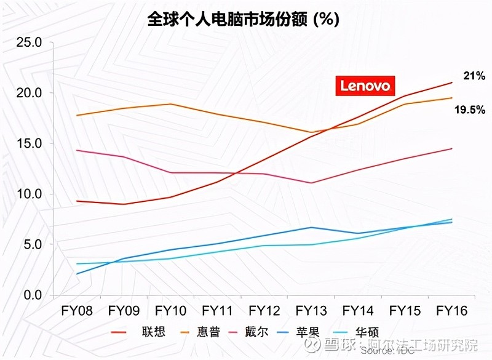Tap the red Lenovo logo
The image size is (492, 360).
[x=365, y=86]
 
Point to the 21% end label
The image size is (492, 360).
[x=474, y=76]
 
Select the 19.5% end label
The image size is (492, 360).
[x=470, y=110]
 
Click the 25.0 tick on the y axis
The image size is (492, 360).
[x=28, y=43]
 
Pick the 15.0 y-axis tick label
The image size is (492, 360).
[x=28, y=143]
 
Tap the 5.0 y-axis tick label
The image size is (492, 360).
[x=31, y=244]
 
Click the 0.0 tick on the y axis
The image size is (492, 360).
[x=31, y=295]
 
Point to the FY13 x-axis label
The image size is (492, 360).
[x=311, y=311]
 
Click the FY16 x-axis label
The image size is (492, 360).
[x=451, y=311]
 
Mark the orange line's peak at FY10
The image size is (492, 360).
[x=170, y=104]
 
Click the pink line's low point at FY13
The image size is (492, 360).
[x=312, y=183]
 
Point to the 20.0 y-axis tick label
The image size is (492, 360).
[x=28, y=93]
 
